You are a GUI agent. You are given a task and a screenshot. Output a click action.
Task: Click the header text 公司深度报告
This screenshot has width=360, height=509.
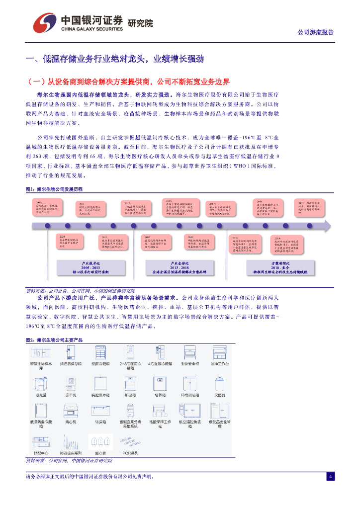[315, 32]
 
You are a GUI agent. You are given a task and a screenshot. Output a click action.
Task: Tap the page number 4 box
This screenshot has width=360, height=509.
[330, 477]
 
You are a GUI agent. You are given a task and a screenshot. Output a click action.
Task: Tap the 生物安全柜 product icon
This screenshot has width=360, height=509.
[189, 353]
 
